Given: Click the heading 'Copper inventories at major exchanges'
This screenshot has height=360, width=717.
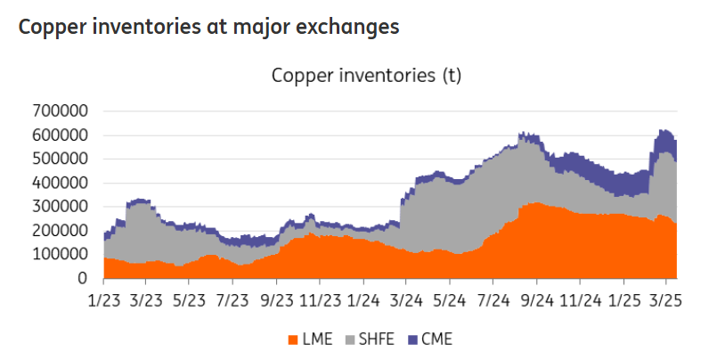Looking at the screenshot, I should click(208, 27).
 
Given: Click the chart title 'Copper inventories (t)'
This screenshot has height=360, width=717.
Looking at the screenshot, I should click(366, 76).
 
